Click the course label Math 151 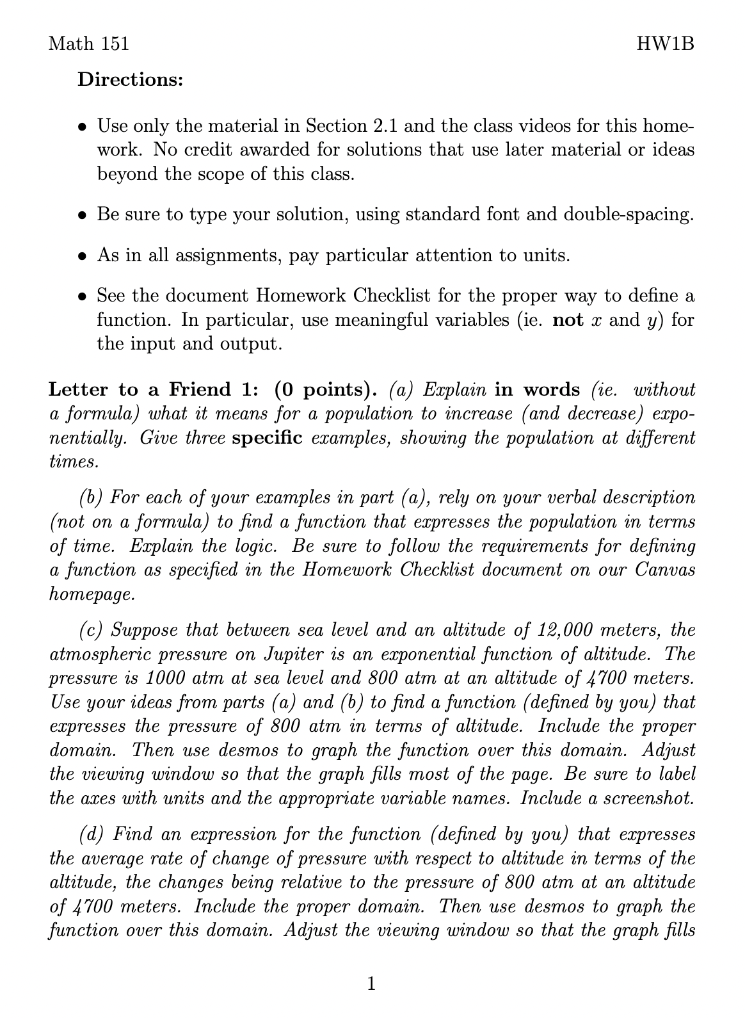pos(89,44)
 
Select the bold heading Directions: pos(131,81)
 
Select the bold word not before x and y pos(567,319)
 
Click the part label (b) pos(92,497)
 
